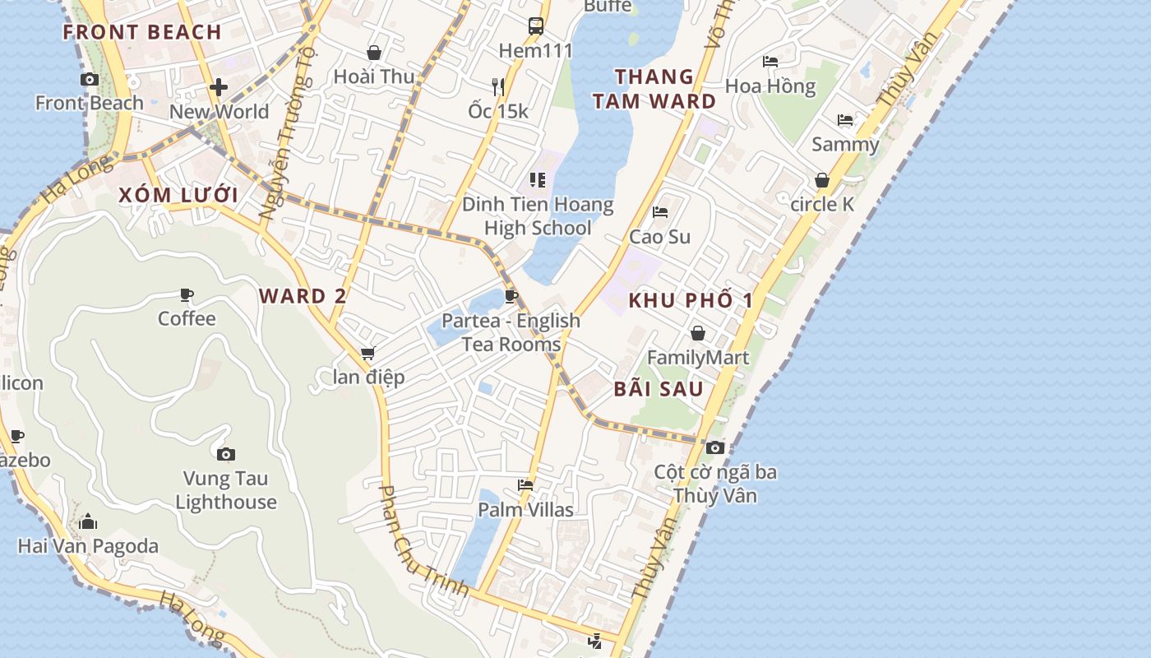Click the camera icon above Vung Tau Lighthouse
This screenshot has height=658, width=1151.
coord(226,454)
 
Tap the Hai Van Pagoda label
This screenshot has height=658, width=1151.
coord(88,546)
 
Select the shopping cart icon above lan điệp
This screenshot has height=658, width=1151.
coord(367,354)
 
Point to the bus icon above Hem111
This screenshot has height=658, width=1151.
coord(536,25)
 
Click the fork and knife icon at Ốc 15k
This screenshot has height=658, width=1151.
coord(498,86)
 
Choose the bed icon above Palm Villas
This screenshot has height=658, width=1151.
coord(525,485)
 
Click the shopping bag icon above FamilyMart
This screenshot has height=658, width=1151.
coord(698,333)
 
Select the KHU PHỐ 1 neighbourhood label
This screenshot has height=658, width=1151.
coord(691,301)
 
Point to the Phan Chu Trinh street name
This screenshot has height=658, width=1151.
coord(423,541)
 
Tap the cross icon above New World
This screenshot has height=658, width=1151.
coord(219,86)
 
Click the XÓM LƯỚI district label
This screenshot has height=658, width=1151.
coord(178,196)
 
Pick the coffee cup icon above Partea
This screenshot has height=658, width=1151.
coord(511,296)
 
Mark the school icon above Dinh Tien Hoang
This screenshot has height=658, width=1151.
coord(538,179)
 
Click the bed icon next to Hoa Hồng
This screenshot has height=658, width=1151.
coord(770,62)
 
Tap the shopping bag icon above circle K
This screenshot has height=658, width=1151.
coord(822,180)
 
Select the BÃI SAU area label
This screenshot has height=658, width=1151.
coord(659,389)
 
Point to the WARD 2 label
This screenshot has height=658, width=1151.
coord(303,296)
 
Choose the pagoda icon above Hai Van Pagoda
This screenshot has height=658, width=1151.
coord(88,522)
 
